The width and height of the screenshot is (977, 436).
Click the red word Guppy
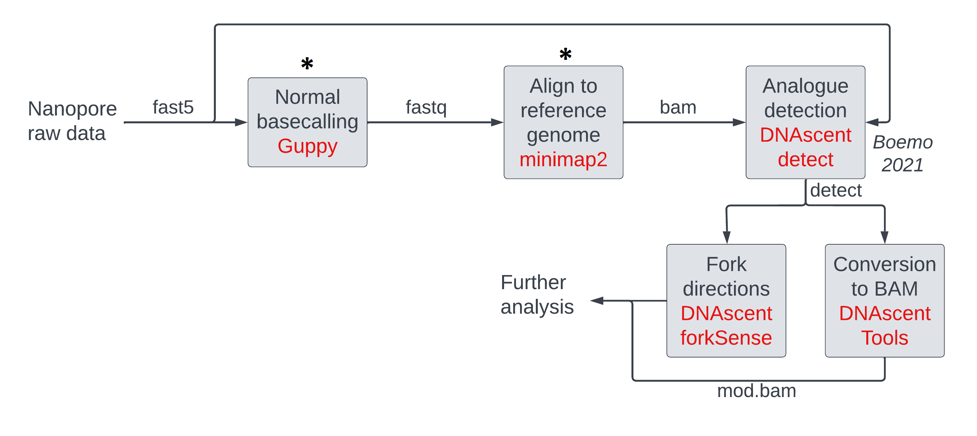point(307,146)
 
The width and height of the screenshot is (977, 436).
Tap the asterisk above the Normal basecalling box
point(307,64)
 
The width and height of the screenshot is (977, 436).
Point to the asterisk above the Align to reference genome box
point(565,54)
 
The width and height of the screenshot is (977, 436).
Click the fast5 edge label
point(173,107)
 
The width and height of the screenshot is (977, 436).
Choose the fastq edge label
point(426,107)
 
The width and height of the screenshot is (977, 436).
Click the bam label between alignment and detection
point(678,107)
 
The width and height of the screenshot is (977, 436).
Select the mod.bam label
point(756,391)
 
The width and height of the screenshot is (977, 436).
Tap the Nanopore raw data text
point(72,121)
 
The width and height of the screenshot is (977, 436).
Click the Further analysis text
point(537,294)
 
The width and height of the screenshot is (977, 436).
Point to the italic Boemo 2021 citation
point(902,153)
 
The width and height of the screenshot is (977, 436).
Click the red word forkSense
point(726,338)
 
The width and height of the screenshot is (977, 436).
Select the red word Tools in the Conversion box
point(884,338)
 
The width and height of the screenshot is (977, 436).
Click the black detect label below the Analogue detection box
point(836,190)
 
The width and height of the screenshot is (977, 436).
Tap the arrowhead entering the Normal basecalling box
point(241,122)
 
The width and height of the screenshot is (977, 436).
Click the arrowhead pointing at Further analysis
point(597,301)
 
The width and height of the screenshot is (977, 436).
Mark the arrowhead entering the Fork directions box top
point(727,237)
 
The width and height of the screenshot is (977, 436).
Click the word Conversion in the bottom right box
point(884,264)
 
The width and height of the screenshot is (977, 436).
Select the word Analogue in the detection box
point(805,86)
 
